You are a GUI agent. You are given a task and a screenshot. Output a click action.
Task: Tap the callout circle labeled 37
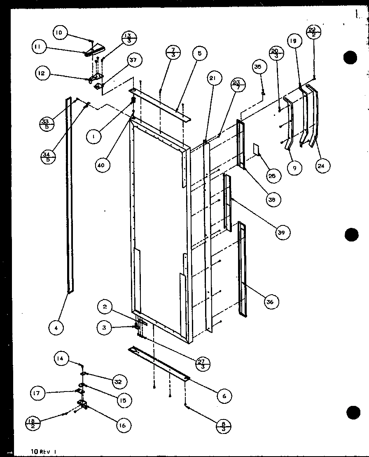tap(133, 61)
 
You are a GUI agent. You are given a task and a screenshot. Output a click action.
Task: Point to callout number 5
tap(199, 54)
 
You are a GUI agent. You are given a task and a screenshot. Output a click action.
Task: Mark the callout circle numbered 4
tap(56, 328)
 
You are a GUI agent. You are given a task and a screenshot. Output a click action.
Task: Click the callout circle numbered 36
tap(270, 302)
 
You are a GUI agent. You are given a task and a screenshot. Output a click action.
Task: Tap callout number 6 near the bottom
tap(224, 396)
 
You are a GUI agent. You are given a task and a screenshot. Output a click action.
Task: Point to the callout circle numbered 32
tap(118, 382)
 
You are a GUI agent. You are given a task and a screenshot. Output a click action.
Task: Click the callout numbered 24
tap(322, 166)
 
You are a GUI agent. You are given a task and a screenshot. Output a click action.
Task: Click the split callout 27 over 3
tap(202, 364)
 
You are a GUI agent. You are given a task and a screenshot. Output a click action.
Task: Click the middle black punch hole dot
tap(351, 235)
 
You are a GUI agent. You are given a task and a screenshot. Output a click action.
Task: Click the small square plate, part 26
tap(255, 150)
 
